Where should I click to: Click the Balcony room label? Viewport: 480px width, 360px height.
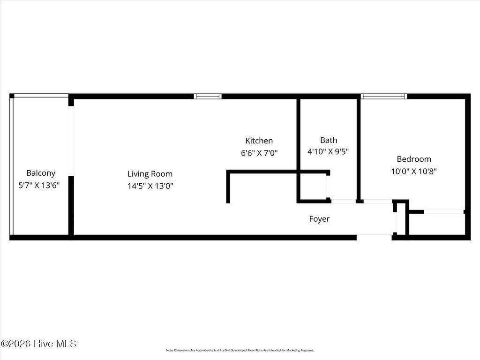[x=41, y=173]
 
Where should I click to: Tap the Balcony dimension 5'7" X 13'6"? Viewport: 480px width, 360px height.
[x=39, y=185]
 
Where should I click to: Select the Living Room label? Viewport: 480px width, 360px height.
[x=150, y=174]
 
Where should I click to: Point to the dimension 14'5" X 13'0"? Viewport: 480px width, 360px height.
[x=150, y=186]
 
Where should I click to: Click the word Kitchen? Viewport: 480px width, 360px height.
[x=259, y=141]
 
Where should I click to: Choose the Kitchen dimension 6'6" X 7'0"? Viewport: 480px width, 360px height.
[x=259, y=152]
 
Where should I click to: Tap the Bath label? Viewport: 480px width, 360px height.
[x=329, y=140]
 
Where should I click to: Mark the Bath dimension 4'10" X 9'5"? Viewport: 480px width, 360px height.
[x=328, y=152]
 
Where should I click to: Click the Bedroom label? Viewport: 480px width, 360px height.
[x=414, y=159]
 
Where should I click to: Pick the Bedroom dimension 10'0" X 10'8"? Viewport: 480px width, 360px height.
[x=414, y=172]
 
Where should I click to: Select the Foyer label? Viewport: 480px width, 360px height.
[x=319, y=219]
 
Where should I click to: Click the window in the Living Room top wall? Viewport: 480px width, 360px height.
[x=208, y=97]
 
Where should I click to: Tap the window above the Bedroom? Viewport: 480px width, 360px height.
[x=384, y=97]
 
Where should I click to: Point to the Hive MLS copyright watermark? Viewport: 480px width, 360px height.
[x=38, y=344]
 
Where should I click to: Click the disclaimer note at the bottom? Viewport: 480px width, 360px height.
[x=240, y=350]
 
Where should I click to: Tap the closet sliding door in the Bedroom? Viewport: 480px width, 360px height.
[x=444, y=212]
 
